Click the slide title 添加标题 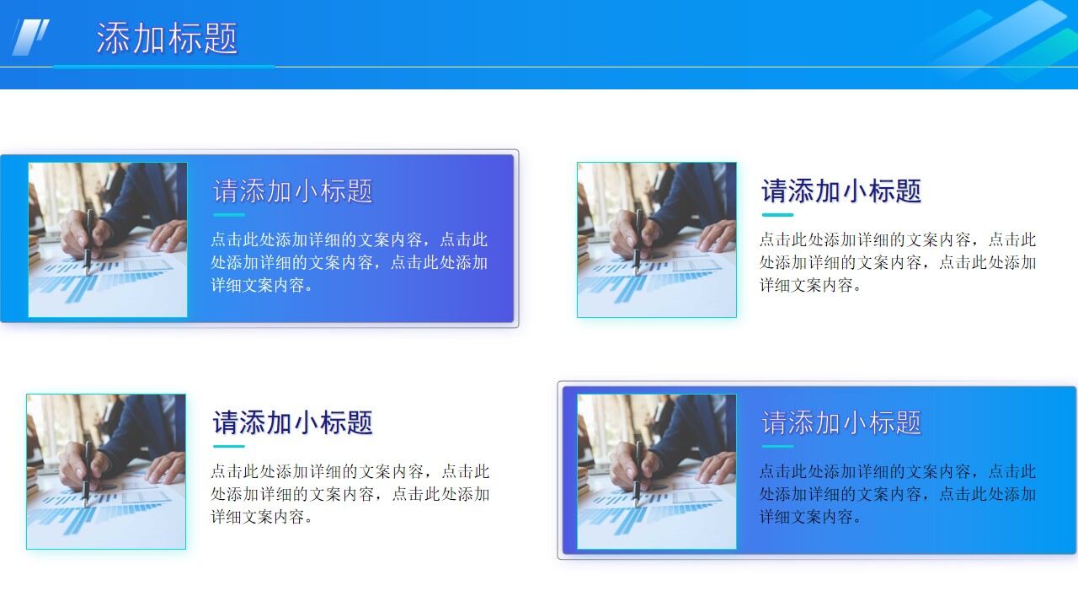tap(167, 38)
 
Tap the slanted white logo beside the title tap(31, 37)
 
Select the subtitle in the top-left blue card tap(292, 191)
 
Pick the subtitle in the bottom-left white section tap(292, 422)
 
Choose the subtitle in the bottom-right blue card tap(841, 422)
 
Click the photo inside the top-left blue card tap(108, 240)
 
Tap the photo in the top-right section tap(657, 240)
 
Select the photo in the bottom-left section tap(106, 471)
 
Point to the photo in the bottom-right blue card tap(657, 471)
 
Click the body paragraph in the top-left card tap(350, 262)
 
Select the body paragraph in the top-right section tap(898, 262)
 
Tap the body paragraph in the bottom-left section tap(350, 493)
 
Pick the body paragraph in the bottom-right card tap(898, 493)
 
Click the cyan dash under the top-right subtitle tap(777, 215)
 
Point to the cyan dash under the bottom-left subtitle tap(228, 446)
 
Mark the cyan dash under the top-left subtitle tap(228, 215)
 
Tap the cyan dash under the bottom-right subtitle tap(777, 446)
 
